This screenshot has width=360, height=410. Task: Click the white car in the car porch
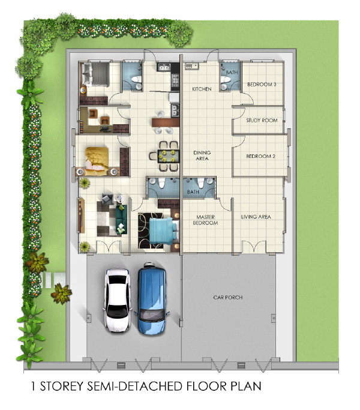click(118, 300)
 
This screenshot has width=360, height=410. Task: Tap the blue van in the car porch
click(152, 298)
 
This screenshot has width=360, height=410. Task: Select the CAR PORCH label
click(228, 297)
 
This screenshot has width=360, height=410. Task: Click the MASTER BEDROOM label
click(205, 220)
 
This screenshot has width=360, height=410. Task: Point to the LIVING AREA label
click(256, 217)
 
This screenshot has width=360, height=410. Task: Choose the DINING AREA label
click(202, 155)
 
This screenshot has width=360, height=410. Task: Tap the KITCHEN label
click(202, 89)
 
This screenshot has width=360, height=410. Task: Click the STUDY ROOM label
click(262, 120)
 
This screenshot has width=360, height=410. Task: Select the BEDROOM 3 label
click(262, 84)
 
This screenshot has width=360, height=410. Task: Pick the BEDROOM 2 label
click(260, 156)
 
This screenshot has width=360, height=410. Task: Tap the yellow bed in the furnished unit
click(97, 161)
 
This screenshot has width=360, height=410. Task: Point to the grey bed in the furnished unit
click(95, 74)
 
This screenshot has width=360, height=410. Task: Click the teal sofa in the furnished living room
click(122, 219)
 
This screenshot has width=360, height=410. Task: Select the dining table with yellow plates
click(169, 156)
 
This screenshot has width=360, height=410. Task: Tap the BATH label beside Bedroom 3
click(232, 72)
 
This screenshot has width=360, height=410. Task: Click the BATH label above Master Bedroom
click(193, 192)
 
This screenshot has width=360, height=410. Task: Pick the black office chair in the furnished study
click(105, 128)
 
